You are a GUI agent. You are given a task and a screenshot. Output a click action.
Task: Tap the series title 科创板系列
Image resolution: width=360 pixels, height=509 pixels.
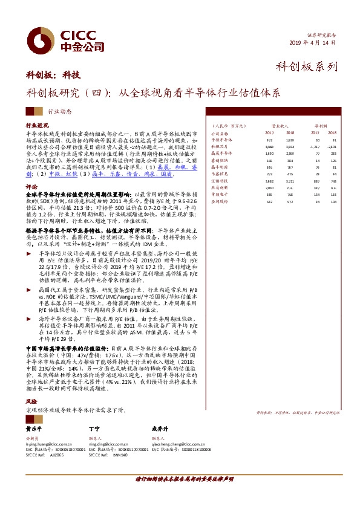306,66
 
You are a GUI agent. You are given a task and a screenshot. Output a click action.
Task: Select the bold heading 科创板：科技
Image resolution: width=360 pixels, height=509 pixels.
53,76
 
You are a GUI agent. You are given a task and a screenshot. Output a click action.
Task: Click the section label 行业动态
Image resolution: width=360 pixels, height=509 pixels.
59,111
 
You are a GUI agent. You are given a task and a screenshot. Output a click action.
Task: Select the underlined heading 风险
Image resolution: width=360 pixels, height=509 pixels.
31,401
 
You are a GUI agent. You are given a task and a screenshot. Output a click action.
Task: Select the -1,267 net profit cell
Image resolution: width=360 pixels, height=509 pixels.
315,146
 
